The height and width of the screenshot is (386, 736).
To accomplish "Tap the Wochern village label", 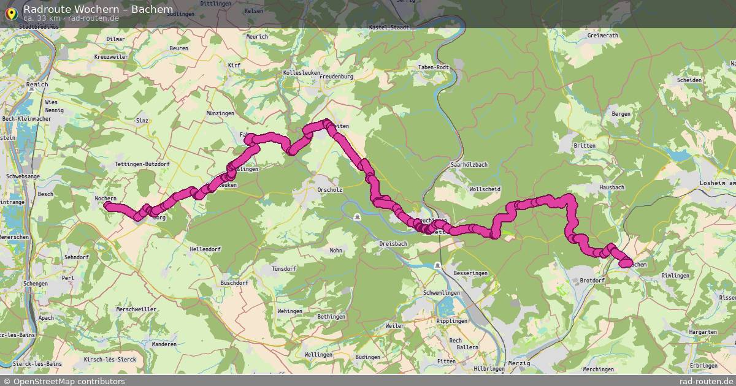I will pyautogui.click(x=105, y=199).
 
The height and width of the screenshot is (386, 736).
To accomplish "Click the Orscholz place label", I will pyautogui.click(x=328, y=189).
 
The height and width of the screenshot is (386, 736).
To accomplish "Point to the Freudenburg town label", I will pyautogui.click(x=337, y=77).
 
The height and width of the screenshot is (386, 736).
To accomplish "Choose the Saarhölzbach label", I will pyautogui.click(x=469, y=165).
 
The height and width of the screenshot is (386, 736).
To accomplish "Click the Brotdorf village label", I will pyautogui.click(x=592, y=280).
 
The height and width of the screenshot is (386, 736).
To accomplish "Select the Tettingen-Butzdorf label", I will pyautogui.click(x=142, y=165).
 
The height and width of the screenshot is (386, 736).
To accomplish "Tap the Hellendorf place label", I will pyautogui.click(x=205, y=249).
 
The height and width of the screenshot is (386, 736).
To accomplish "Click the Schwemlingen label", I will pyautogui.click(x=441, y=293).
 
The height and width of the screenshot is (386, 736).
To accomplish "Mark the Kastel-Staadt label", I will pyautogui.click(x=388, y=28).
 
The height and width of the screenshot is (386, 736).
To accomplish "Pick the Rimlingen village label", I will pyautogui.click(x=676, y=276).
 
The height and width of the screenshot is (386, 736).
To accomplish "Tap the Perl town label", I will pyautogui.click(x=67, y=278).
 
